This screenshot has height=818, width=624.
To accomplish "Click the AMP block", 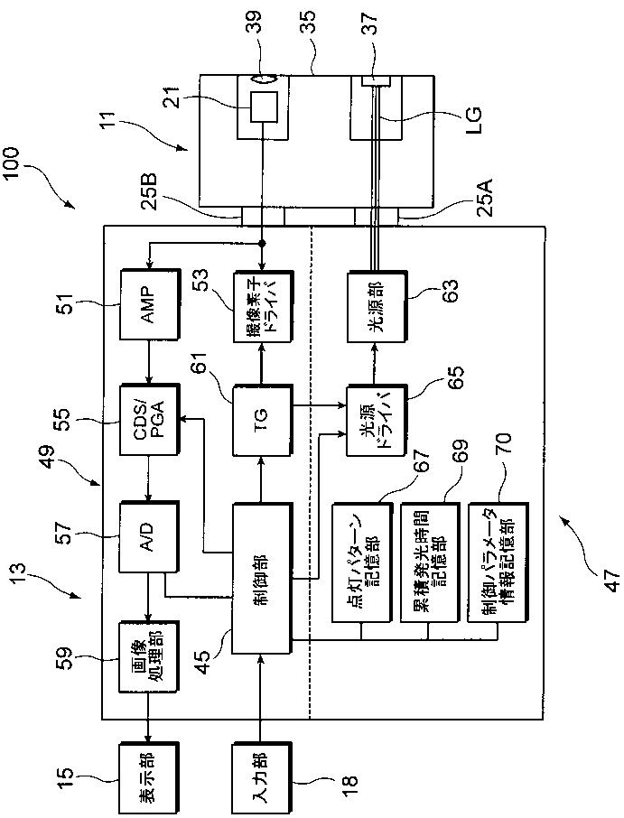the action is click(150, 298).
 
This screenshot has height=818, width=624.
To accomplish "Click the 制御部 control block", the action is click(262, 579).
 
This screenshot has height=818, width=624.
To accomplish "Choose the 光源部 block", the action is click(377, 307).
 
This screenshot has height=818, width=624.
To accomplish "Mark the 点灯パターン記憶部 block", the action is click(362, 562).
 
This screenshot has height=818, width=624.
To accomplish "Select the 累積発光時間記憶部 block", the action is click(430, 562).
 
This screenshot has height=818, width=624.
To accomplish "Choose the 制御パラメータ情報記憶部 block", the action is click(498, 562).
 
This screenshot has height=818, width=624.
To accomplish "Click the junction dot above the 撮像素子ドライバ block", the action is click(263, 243).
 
